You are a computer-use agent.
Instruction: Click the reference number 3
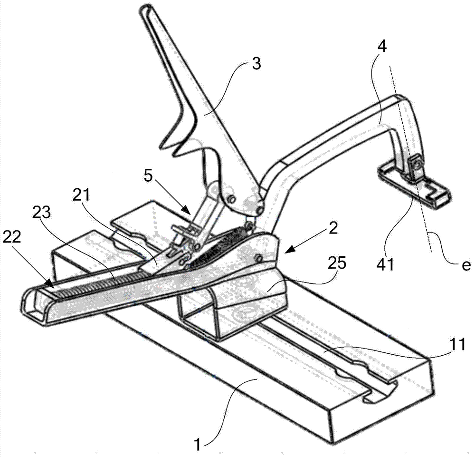point(256,64)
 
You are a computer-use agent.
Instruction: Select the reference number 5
point(148,176)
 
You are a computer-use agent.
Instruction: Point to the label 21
point(81,195)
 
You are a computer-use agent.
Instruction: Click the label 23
point(42,213)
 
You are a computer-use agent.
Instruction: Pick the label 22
point(12,237)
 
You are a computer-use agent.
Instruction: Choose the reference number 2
point(333,229)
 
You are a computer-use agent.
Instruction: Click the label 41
point(385,264)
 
